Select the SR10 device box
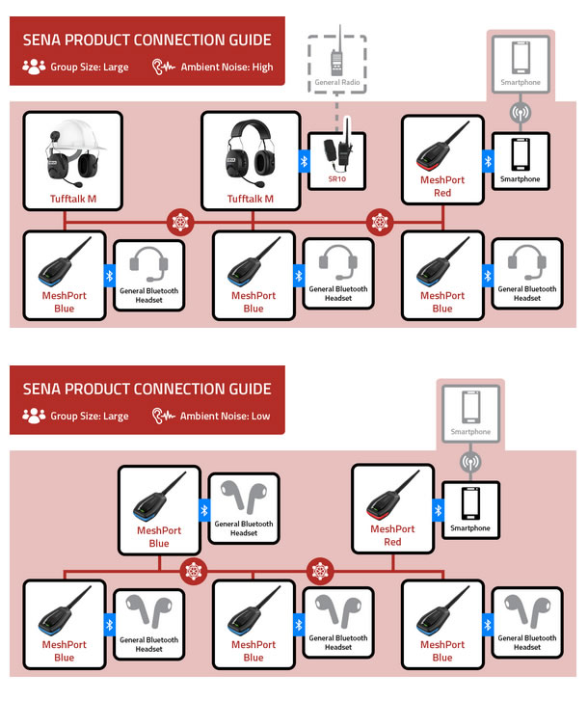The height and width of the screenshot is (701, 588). click(336, 161)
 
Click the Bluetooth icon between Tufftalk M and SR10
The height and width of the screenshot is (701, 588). click(304, 161)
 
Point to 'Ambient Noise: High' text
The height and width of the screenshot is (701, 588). click(227, 67)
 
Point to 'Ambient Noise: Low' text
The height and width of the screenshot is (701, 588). click(226, 417)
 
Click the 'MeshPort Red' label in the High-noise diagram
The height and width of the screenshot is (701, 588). click(442, 186)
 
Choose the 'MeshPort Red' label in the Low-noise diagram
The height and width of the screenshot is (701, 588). click(392, 535)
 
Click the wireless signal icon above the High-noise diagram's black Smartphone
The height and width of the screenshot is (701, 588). click(521, 113)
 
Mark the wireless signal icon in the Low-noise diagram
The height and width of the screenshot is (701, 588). click(470, 462)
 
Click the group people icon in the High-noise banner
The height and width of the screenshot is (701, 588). click(34, 67)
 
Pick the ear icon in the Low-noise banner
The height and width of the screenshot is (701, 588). click(163, 416)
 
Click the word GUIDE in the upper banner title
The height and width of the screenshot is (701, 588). click(250, 40)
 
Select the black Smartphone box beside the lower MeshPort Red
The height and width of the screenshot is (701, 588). click(470, 510)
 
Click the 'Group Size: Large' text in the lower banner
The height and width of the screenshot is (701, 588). click(90, 417)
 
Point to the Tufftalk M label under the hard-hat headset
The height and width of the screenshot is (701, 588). click(73, 199)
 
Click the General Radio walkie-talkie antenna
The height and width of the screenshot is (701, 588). click(340, 39)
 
